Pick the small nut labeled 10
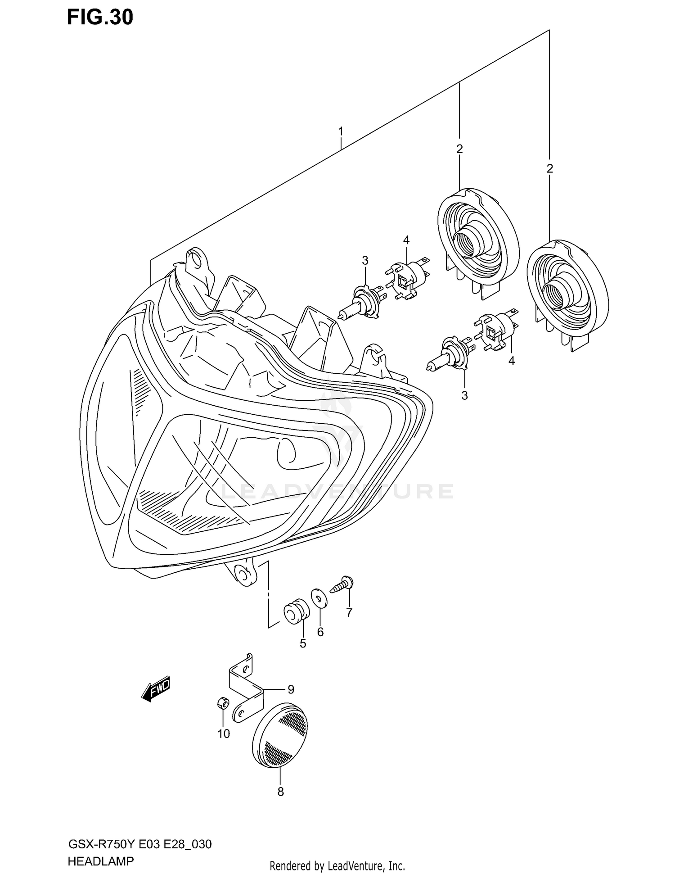[x=222, y=703]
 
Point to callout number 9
[x=291, y=689]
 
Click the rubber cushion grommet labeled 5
[x=296, y=611]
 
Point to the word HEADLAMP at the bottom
[x=100, y=862]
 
